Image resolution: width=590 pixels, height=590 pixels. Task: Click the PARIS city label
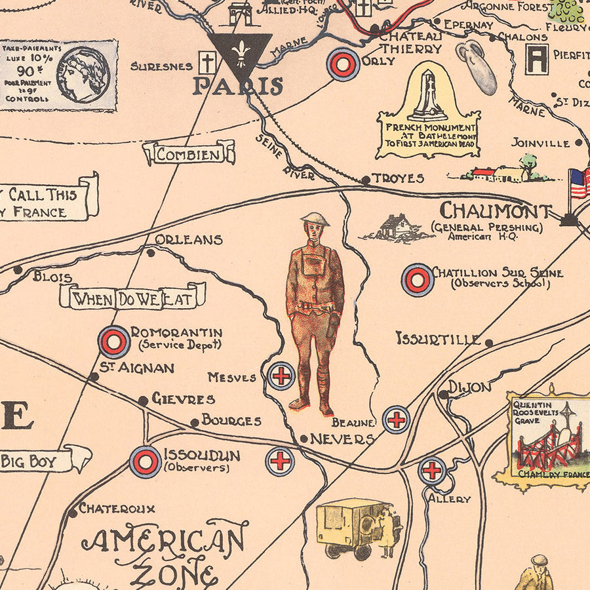[x=237, y=86]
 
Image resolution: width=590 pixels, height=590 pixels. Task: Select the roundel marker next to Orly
[x=344, y=64]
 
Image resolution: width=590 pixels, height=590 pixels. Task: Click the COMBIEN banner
[x=189, y=155]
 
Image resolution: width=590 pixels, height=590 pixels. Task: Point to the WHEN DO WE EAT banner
[x=132, y=299]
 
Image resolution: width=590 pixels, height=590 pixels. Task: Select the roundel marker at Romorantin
[x=114, y=341]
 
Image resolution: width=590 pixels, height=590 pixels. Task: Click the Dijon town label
[x=469, y=387]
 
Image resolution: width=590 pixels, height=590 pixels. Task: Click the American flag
[x=579, y=183]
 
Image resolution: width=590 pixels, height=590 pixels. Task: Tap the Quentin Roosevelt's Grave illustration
[x=548, y=438]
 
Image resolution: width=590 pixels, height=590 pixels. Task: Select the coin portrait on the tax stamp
[x=83, y=74]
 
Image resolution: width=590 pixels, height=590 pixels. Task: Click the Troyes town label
[x=398, y=178]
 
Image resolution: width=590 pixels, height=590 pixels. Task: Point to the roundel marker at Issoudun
[x=145, y=461]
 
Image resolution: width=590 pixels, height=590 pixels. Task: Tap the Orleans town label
[x=189, y=239]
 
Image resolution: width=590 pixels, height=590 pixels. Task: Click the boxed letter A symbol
[x=537, y=60]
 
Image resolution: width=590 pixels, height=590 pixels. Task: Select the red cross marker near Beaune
[x=396, y=420]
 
